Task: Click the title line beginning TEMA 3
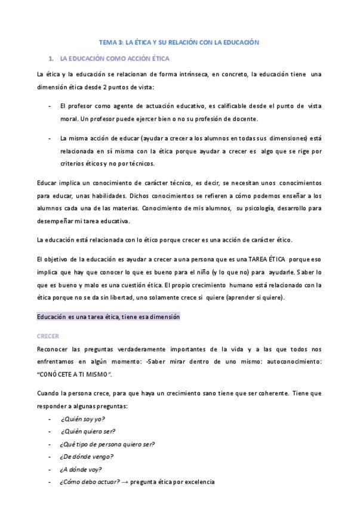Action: point(179,42)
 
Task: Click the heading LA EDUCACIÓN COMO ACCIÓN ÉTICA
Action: point(115,58)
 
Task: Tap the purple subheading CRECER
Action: point(48,337)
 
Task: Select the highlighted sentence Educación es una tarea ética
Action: point(108,317)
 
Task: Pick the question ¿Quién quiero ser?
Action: point(88,431)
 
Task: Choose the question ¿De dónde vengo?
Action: point(87,456)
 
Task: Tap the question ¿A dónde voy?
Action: point(81,469)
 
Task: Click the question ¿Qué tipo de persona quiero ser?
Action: point(107,444)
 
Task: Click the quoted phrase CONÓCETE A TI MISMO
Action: point(75,374)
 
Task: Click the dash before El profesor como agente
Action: point(48,106)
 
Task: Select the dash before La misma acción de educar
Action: point(48,138)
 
